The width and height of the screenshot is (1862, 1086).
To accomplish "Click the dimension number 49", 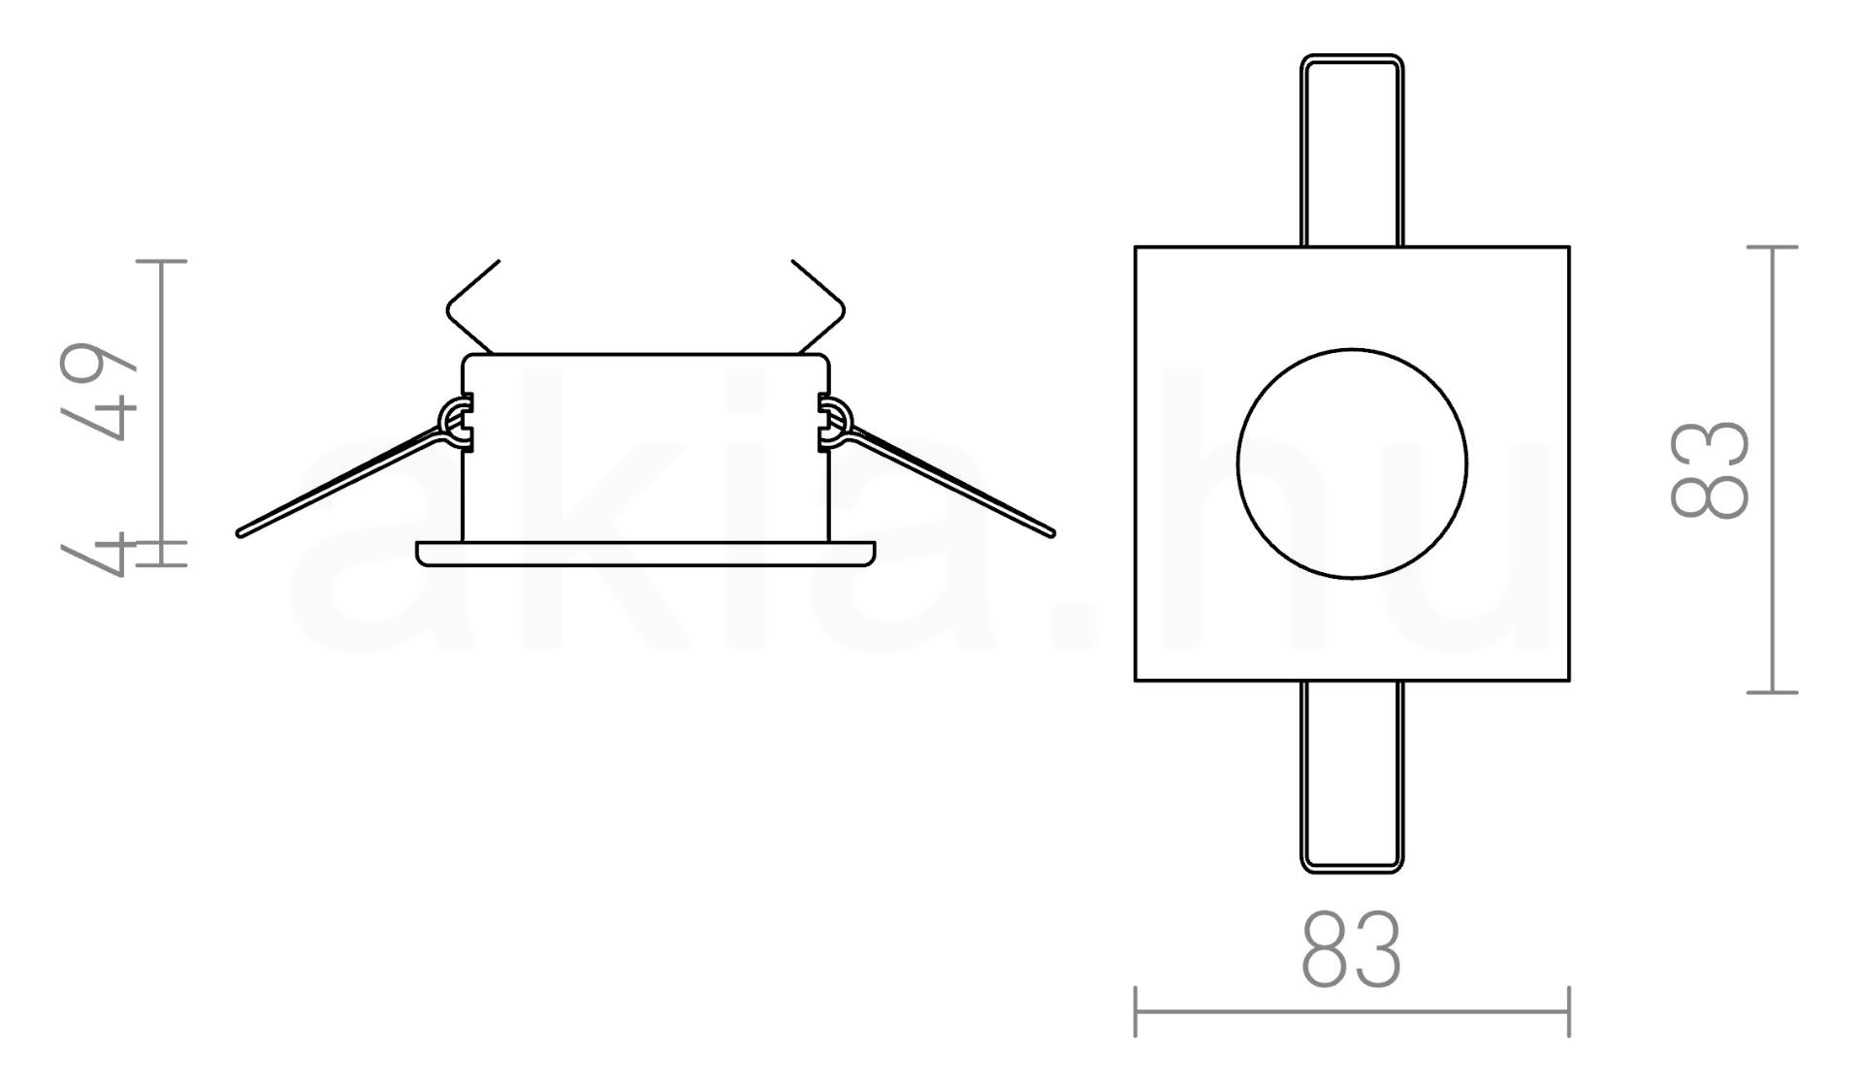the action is coord(98,393).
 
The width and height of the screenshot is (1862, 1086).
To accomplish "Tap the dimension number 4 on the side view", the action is coord(98,554).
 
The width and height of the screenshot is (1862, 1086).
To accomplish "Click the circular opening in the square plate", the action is coord(1352,463).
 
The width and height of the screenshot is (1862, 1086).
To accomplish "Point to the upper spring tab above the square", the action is coord(1352,150).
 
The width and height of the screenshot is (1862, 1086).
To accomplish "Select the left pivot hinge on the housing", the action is coord(456,423).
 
